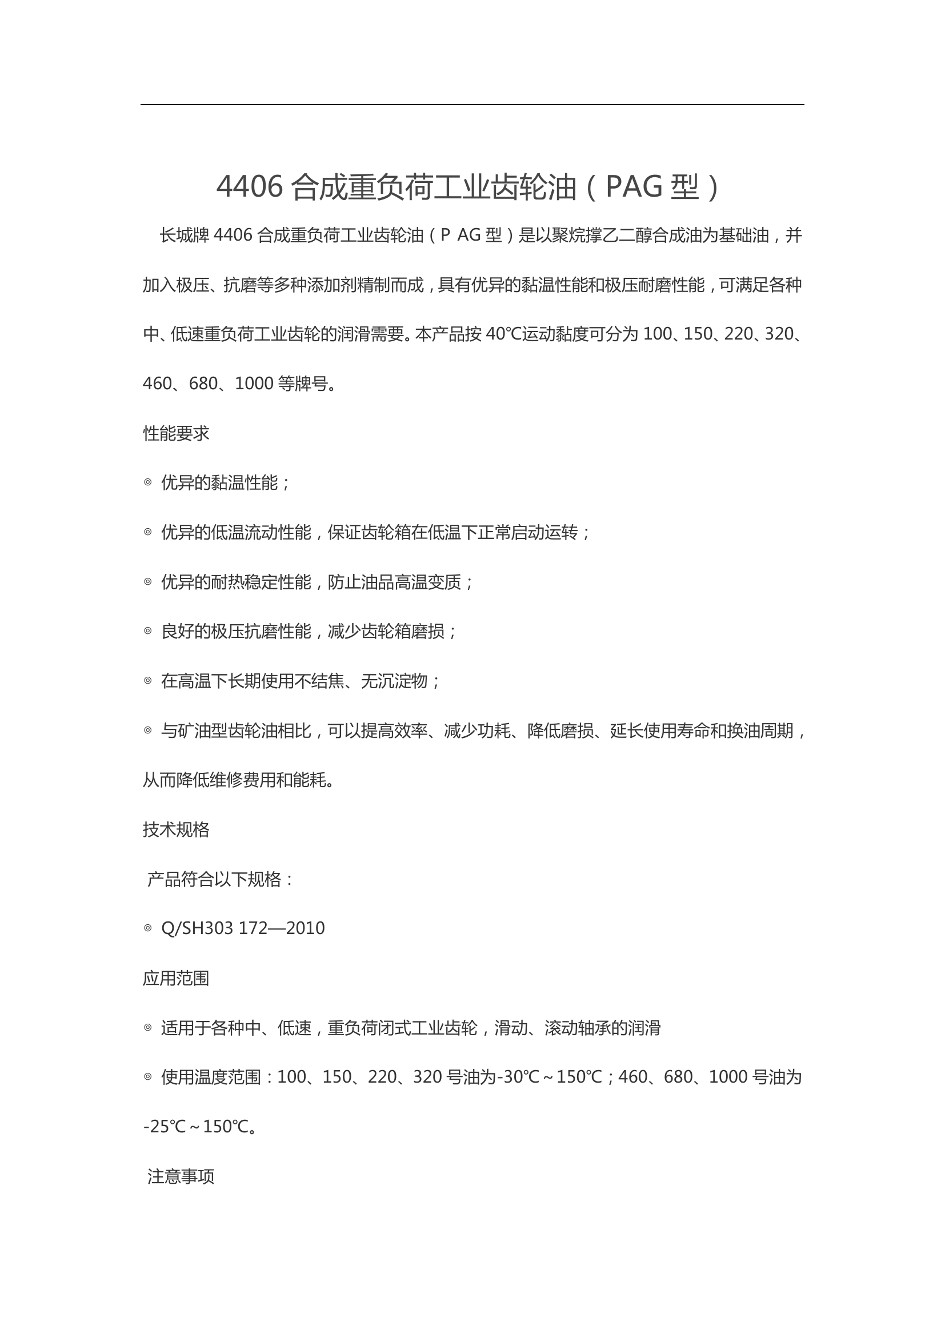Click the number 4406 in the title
[250, 187]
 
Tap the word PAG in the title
[634, 187]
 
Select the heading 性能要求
[176, 433]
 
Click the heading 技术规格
[176, 829]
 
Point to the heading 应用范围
[176, 978]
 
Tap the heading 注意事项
[181, 1176]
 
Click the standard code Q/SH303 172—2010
[243, 928]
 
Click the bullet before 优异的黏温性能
[148, 482]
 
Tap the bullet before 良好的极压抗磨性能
[148, 630]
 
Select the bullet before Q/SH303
[148, 928]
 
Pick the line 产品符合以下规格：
[221, 879]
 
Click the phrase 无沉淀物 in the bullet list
[394, 681]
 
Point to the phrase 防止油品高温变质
[395, 582]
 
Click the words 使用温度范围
[211, 1077]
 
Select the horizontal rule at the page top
[472, 105]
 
